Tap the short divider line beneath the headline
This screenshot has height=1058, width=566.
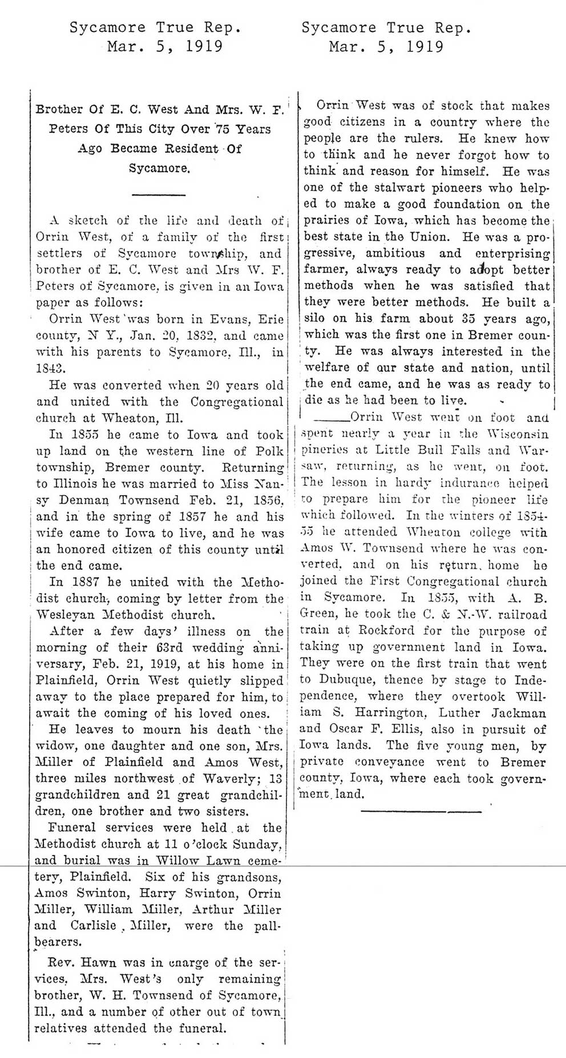pos(159,195)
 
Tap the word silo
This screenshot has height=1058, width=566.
pos(315,319)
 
